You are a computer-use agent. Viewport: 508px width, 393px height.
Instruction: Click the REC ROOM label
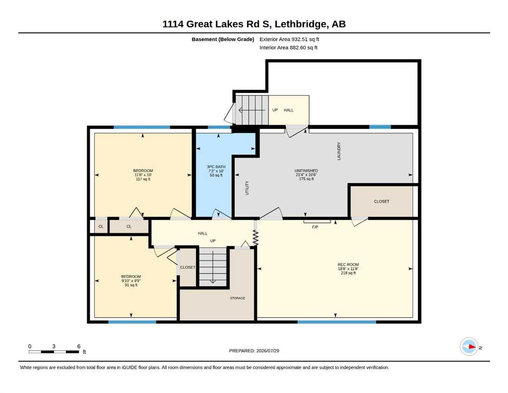point(348,265)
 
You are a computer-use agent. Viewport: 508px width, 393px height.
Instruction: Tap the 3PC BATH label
point(216,166)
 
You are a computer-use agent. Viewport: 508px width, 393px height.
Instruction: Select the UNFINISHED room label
point(306,170)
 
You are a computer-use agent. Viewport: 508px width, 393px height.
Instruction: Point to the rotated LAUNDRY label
point(339,151)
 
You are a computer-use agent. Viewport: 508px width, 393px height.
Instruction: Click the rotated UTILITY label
point(247,188)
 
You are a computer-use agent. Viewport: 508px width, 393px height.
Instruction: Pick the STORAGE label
point(237,298)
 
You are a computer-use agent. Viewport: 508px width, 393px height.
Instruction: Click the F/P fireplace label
point(315,227)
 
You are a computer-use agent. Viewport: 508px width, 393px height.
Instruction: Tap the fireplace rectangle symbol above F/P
point(317,222)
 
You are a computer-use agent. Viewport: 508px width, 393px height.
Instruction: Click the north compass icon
point(469,346)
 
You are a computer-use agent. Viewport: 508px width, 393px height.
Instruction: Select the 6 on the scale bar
point(79,346)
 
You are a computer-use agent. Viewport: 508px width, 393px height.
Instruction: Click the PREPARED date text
point(254,351)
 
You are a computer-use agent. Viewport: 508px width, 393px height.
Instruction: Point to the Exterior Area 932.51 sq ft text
point(290,39)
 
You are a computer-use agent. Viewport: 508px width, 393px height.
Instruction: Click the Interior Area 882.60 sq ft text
point(289,48)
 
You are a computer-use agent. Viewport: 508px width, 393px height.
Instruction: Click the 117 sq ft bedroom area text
point(143,179)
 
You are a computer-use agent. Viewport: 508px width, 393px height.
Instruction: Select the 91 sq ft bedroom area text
point(131,285)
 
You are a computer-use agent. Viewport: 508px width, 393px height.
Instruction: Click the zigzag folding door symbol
point(255,237)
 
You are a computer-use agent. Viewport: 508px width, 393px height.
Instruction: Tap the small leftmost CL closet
point(101,227)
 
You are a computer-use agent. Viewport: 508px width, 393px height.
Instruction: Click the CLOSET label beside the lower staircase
point(188,267)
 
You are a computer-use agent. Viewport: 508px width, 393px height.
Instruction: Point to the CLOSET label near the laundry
point(382,201)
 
